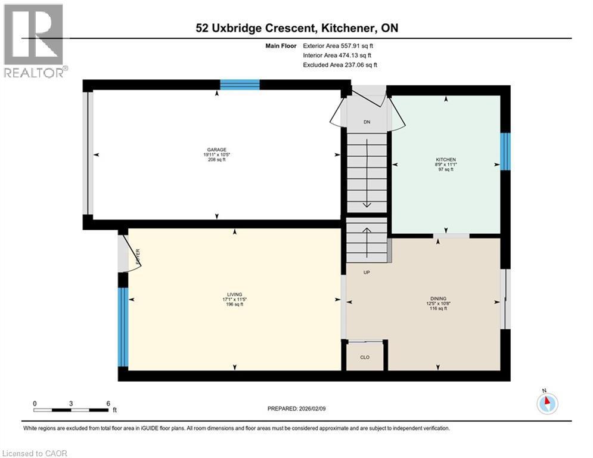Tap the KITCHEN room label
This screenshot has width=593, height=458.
click(446, 160)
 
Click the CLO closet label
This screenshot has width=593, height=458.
click(365, 357)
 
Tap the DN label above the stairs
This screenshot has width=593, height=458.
click(367, 122)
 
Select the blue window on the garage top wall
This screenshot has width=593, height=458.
click(240, 85)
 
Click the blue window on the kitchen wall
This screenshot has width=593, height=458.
click(505, 151)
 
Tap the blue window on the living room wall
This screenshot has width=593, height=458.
click(123, 327)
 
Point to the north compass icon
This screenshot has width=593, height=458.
click(547, 404)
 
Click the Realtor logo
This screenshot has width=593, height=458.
click(33, 41)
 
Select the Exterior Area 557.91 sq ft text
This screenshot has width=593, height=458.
click(340, 45)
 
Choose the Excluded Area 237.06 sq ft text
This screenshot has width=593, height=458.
click(340, 65)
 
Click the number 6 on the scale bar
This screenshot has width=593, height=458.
click(108, 403)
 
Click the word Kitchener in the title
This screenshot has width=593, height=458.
click(347, 27)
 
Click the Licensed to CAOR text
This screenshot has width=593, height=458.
click(36, 453)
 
